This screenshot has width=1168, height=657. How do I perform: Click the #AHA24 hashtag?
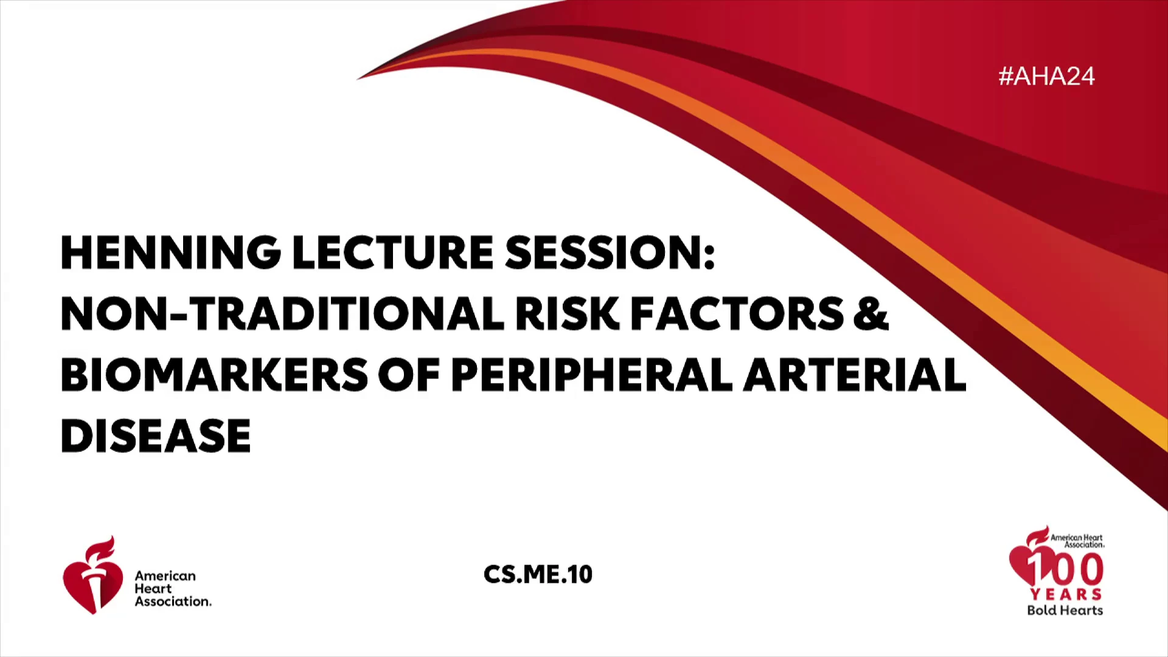(x=1046, y=76)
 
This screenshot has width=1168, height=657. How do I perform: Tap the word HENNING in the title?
(x=170, y=252)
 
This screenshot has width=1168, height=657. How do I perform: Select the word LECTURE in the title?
(x=393, y=252)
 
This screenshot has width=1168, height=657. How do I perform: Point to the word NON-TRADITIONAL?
(x=282, y=314)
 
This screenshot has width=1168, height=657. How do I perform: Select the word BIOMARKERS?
(x=214, y=374)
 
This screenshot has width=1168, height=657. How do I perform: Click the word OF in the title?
(x=409, y=374)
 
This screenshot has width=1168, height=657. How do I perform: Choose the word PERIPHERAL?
(x=592, y=374)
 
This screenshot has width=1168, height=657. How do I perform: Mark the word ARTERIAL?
(x=855, y=374)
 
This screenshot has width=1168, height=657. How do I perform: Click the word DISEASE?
(x=156, y=436)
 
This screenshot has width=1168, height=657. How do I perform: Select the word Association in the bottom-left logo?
(x=173, y=602)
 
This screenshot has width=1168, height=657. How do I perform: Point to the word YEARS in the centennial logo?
(x=1066, y=594)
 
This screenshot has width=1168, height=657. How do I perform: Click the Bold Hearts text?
(x=1065, y=610)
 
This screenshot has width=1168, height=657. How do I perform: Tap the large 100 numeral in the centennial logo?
(x=1065, y=568)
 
